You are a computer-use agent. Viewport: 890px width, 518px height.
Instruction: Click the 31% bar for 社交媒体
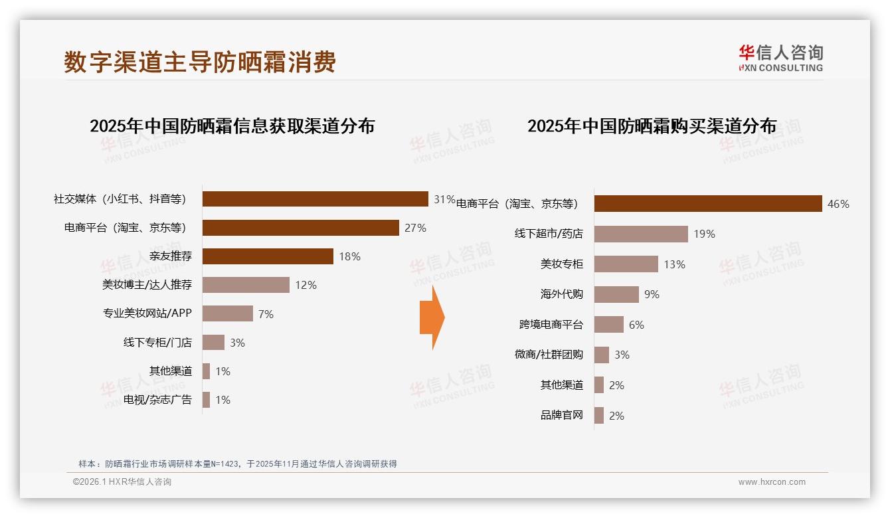(x=315, y=199)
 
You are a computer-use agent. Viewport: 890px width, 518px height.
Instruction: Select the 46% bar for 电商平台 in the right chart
(x=707, y=204)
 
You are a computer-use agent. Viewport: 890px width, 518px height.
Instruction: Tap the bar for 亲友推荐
(x=268, y=256)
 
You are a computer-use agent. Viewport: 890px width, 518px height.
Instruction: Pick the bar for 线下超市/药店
(x=641, y=234)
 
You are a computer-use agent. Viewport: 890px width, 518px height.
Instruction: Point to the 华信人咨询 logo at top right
(x=780, y=58)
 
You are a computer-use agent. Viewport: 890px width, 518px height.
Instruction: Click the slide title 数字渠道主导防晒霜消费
(x=200, y=62)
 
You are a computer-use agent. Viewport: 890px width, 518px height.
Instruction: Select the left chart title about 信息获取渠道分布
(x=232, y=126)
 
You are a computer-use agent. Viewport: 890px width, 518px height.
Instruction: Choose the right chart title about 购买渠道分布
(x=652, y=126)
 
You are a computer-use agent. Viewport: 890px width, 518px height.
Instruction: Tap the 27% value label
(x=415, y=228)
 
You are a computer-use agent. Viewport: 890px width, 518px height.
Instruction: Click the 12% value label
(x=306, y=286)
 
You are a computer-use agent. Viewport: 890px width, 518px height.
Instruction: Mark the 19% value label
(x=704, y=234)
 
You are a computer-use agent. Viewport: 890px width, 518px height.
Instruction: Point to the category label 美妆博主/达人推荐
(x=147, y=285)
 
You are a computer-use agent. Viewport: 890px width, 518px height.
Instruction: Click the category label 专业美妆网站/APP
(x=147, y=313)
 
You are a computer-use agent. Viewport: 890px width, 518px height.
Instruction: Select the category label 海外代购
(x=561, y=294)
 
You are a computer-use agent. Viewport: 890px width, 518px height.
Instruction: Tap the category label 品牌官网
(x=561, y=416)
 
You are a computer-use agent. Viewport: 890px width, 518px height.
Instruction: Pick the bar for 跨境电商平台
(x=608, y=325)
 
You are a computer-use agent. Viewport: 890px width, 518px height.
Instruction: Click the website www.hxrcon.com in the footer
(x=772, y=482)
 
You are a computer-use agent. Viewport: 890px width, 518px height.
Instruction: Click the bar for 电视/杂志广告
(x=206, y=400)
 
